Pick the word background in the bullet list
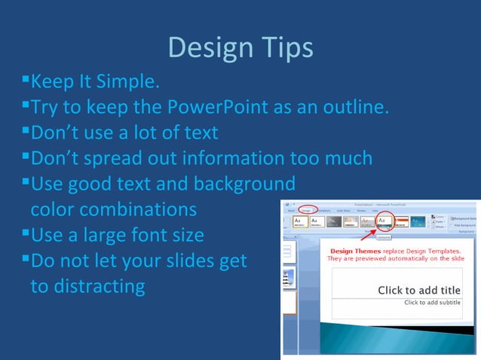coord(244,184)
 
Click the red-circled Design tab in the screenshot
coord(305,210)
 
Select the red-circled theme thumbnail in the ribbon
coord(384,221)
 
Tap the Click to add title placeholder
coord(418,290)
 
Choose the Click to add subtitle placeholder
coord(432,303)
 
